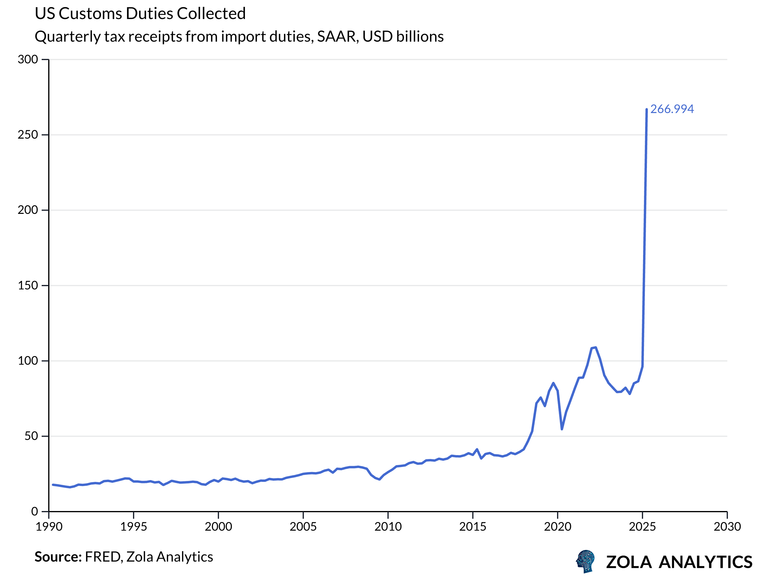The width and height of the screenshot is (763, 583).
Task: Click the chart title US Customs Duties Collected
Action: [140, 14]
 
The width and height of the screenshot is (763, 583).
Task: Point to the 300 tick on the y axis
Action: [28, 59]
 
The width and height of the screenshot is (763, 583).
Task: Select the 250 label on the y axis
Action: [28, 135]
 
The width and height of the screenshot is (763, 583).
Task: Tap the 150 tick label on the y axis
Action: [28, 286]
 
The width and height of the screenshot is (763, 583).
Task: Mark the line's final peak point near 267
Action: [646, 110]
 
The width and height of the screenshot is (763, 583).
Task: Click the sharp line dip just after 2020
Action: [562, 429]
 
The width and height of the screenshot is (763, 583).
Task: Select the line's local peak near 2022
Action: [596, 347]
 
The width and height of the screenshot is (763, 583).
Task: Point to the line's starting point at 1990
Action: [53, 485]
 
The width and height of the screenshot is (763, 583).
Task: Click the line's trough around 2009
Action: [380, 479]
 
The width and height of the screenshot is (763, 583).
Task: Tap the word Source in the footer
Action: [58, 557]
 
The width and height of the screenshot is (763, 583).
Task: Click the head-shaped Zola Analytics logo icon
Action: [586, 561]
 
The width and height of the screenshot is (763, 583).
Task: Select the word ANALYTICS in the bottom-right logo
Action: [705, 562]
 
